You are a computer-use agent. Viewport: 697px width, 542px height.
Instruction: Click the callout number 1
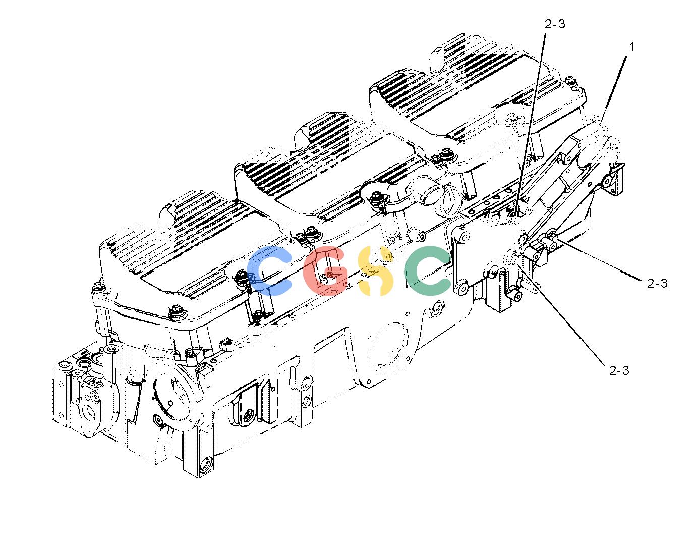pos(632,47)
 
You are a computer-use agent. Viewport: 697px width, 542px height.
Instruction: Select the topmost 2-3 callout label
pos(555,24)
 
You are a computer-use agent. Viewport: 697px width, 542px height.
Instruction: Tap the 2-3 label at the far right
pos(657,283)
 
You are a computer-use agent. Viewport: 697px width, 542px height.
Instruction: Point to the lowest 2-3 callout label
pos(619,370)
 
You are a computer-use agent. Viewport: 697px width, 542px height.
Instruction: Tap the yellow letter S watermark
pos(375,271)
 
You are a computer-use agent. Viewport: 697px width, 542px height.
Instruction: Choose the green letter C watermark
pos(428,270)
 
